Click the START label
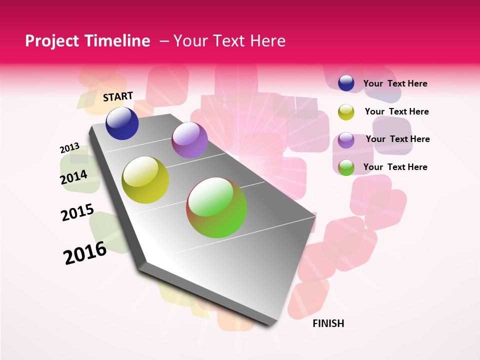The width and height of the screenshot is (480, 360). click(118, 96)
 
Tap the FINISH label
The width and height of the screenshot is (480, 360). click(328, 323)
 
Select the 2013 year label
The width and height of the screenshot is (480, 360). click(69, 148)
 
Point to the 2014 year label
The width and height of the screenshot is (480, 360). click(73, 177)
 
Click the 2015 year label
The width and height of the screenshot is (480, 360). click(77, 212)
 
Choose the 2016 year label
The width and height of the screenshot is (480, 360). click(85, 253)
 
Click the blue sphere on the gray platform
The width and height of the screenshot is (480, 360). click(122, 123)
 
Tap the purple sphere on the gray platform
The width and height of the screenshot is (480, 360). click(189, 140)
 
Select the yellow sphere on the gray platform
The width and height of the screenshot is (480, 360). click(145, 180)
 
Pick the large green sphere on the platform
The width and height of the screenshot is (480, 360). click(216, 207)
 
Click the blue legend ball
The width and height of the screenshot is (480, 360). click(346, 83)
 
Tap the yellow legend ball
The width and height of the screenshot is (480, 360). click(346, 112)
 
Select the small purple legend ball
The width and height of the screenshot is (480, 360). click(346, 140)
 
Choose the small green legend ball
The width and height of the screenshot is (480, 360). click(346, 167)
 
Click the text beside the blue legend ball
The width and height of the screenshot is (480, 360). click(395, 83)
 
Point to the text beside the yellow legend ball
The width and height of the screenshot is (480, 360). click(396, 111)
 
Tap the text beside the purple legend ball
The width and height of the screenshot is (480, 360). click(397, 139)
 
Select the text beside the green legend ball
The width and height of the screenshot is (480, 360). click(395, 167)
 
